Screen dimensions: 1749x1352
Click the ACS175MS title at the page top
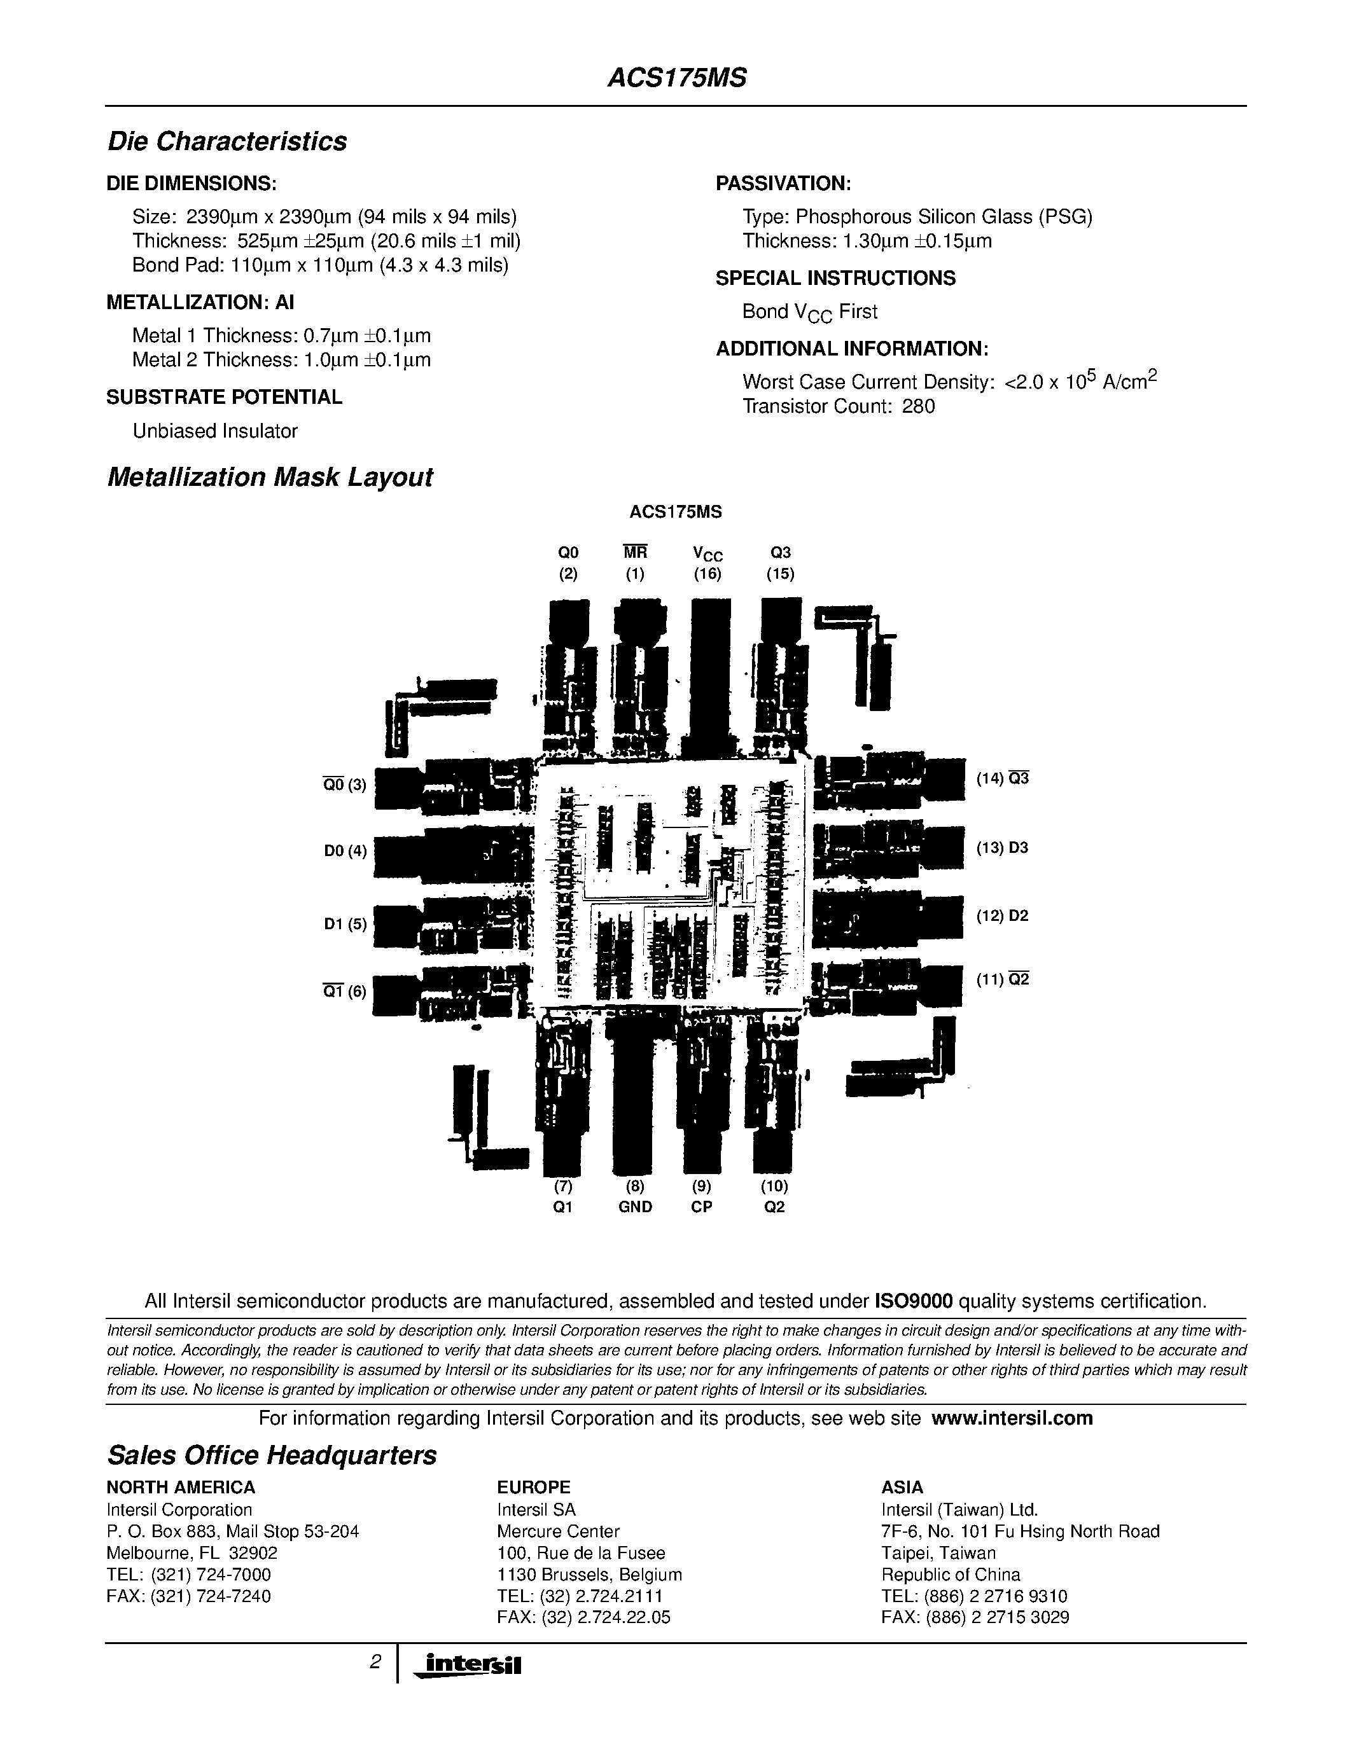[677, 78]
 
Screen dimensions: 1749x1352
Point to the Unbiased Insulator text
[214, 431]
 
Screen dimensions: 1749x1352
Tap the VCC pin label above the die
[707, 553]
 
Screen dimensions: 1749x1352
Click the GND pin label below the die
[635, 1207]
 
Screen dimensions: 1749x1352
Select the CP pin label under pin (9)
[702, 1207]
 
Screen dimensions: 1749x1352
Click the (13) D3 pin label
[1002, 847]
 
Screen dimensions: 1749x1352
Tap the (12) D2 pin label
[1002, 915]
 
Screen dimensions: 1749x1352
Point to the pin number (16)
[707, 574]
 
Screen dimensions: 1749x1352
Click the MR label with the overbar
[635, 553]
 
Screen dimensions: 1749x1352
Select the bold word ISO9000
[913, 1301]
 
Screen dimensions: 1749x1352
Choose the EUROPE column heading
[533, 1487]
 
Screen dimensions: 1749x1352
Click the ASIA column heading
[902, 1487]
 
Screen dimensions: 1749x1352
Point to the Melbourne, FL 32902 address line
[192, 1552]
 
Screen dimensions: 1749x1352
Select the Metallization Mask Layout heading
[270, 477]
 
